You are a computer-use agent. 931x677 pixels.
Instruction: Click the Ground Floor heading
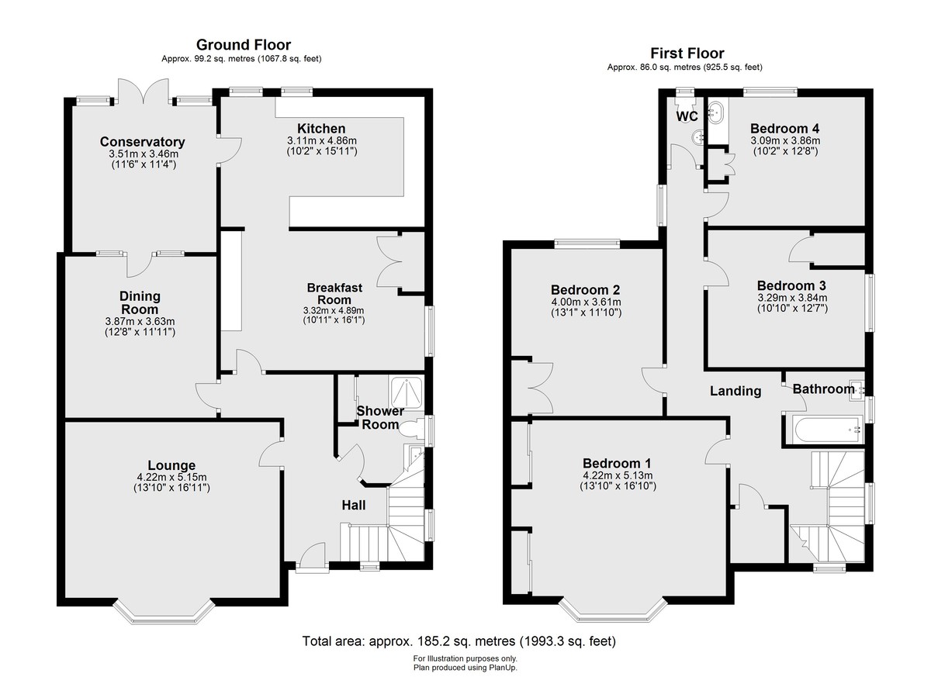244,45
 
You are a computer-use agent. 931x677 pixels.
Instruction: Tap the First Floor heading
687,54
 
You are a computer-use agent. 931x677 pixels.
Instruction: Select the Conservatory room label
143,142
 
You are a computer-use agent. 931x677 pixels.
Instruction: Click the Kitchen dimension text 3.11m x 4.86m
322,140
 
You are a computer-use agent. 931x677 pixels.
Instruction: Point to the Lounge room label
171,465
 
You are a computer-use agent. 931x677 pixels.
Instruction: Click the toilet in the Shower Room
413,429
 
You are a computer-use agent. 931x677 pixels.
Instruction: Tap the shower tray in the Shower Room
407,392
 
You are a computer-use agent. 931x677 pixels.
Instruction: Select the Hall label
354,505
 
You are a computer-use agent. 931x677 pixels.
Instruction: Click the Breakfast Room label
334,294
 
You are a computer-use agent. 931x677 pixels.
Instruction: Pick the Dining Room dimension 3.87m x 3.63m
140,322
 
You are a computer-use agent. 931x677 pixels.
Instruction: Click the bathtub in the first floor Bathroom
823,430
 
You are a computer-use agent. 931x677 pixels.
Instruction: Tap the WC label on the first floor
687,116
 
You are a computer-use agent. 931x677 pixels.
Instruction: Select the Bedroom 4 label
785,128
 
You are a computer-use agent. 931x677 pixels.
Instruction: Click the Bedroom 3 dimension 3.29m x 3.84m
792,298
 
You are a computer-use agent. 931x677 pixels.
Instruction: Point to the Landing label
735,391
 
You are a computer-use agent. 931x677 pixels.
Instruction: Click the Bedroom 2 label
586,289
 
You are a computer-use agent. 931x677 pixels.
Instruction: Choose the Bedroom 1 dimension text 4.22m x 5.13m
618,475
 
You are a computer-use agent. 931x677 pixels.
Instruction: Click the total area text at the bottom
459,641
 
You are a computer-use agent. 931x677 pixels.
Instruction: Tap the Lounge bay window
164,613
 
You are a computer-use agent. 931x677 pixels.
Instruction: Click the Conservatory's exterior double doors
144,92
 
